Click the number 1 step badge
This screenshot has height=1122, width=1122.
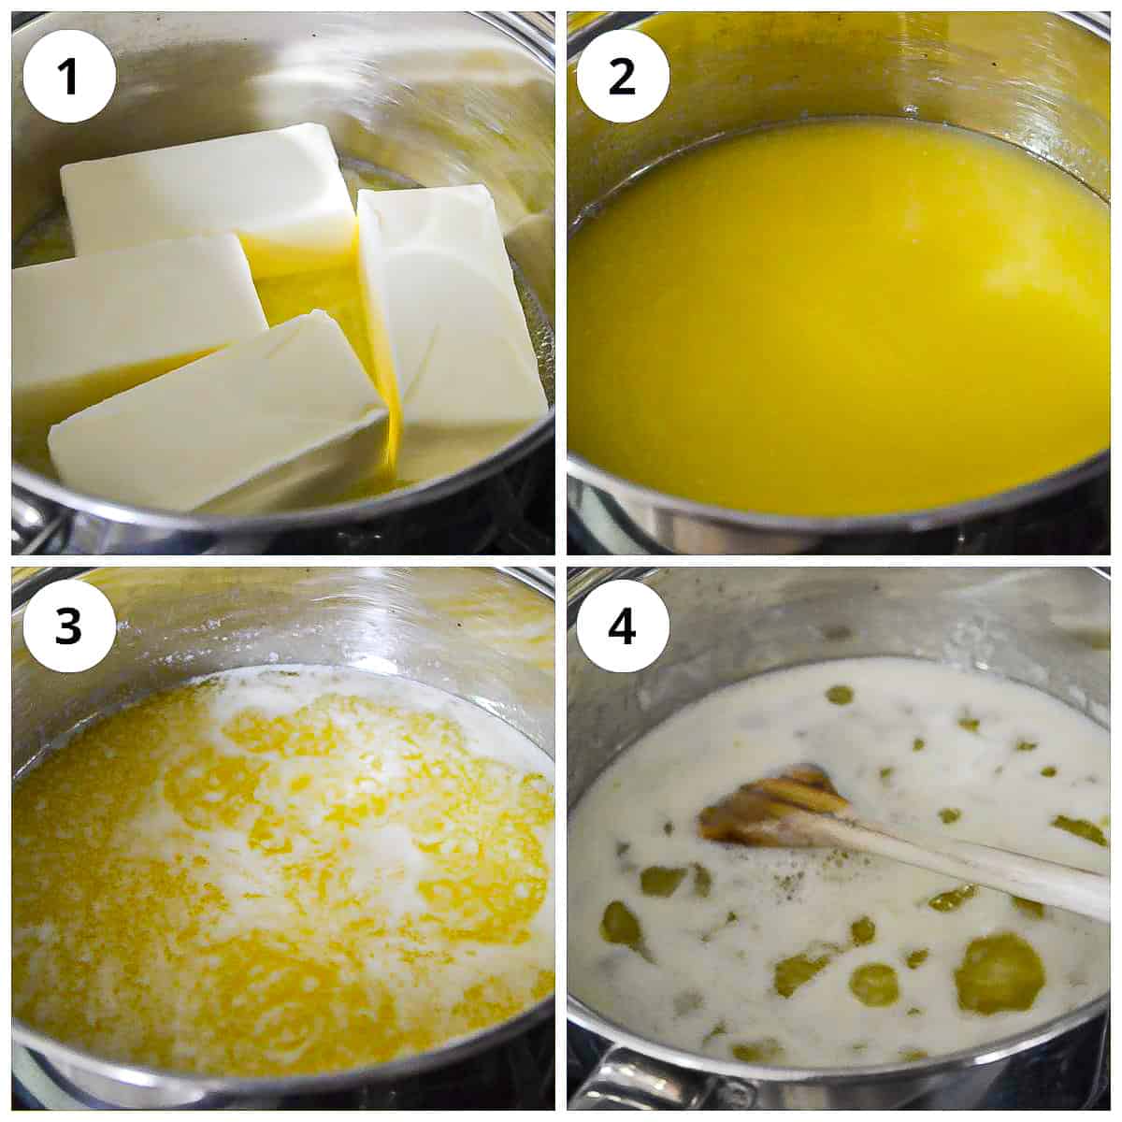[69, 77]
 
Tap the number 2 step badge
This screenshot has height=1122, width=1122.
[623, 77]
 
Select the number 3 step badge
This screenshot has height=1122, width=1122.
[69, 628]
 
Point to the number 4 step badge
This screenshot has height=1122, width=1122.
[623, 628]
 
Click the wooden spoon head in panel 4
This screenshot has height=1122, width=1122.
[774, 805]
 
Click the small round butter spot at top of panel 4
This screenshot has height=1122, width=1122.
[839, 695]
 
